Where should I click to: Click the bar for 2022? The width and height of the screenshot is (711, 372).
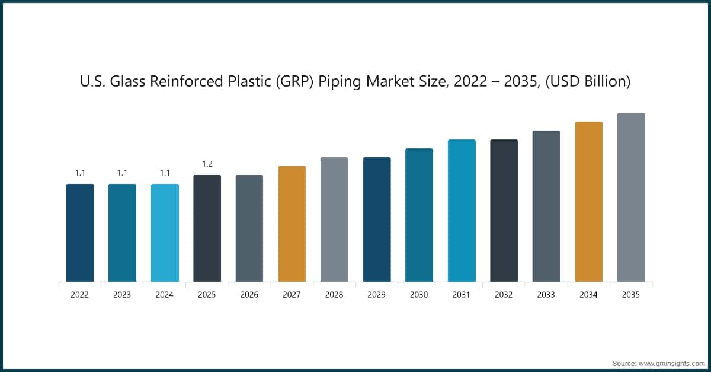80,233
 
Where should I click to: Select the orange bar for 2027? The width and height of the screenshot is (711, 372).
292,224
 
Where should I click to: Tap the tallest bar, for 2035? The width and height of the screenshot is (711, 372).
631,197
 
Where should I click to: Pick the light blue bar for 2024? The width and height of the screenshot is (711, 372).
165,233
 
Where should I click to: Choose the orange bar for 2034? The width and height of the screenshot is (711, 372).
588,202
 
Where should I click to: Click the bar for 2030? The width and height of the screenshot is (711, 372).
419,215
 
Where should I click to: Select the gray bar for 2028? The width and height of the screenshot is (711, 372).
334,220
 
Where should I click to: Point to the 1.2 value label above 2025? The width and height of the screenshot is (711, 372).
207,164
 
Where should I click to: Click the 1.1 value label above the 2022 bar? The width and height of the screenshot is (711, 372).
80,173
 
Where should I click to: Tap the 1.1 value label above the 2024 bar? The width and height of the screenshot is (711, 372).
165,173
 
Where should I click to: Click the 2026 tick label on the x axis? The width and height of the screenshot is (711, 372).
249,295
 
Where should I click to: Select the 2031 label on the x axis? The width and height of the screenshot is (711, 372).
462,295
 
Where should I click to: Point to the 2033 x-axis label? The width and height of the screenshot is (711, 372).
546,295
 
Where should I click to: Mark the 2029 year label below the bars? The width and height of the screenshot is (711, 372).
377,295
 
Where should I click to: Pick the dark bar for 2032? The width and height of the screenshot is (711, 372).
504,211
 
